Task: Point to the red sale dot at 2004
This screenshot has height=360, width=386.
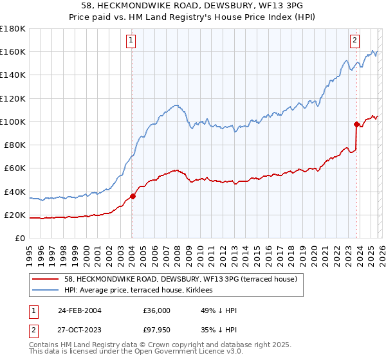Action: pos(133,196)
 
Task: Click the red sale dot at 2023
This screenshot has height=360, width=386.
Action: pos(356,124)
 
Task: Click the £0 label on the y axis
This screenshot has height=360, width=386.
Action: pos(20,239)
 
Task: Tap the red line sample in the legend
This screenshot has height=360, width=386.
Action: pos(46,280)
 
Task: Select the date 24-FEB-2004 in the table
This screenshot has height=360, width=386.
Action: pos(78,310)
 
